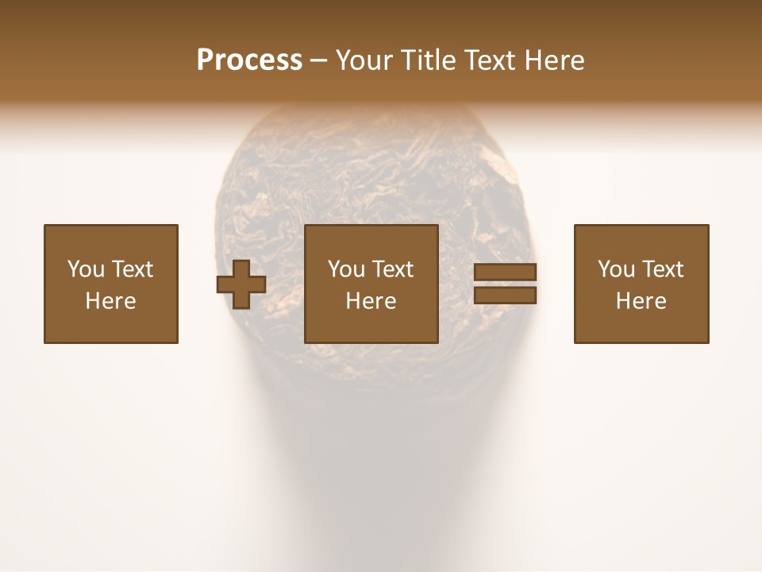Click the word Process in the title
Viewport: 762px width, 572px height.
pyautogui.click(x=249, y=60)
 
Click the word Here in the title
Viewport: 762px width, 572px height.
pyautogui.click(x=556, y=60)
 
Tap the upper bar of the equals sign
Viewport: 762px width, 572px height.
pyautogui.click(x=505, y=272)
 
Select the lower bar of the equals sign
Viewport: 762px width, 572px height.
pyautogui.click(x=505, y=296)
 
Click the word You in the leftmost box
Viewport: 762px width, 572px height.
pyautogui.click(x=86, y=269)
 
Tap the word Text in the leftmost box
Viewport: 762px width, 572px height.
pyautogui.click(x=132, y=269)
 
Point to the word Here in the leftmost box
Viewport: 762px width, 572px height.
pyautogui.click(x=111, y=301)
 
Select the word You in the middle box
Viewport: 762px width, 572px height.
pyautogui.click(x=346, y=269)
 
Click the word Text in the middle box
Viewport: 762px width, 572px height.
pyautogui.click(x=392, y=269)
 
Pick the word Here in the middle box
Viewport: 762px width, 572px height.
pyautogui.click(x=371, y=301)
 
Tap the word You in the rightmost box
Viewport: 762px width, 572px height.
pyautogui.click(x=616, y=269)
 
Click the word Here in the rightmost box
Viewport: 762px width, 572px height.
pyautogui.click(x=641, y=301)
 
